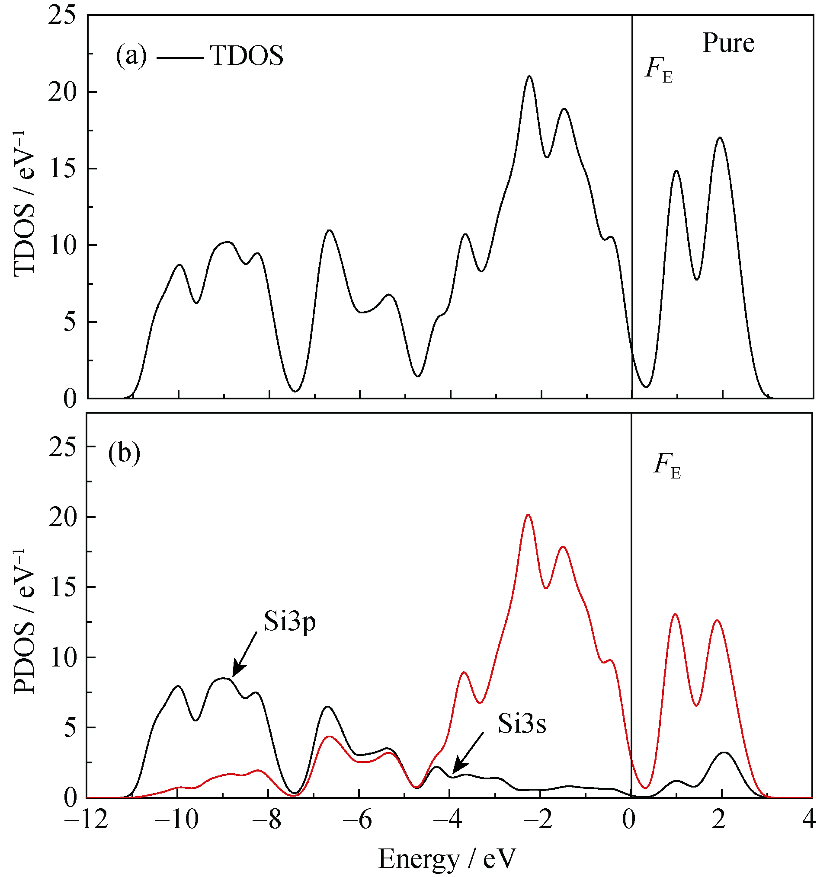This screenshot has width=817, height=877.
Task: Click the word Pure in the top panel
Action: coord(728,43)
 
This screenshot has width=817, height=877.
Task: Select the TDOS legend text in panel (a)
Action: coord(247,56)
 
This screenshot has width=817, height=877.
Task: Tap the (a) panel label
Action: coord(131,56)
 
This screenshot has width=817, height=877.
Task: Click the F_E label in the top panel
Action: coord(659,70)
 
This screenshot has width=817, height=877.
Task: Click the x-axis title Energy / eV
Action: coord(447,858)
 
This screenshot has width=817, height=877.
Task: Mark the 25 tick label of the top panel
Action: coord(61,16)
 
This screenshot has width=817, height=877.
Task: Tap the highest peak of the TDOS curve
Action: coord(529,77)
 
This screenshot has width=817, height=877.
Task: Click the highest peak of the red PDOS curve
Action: coord(528,515)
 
